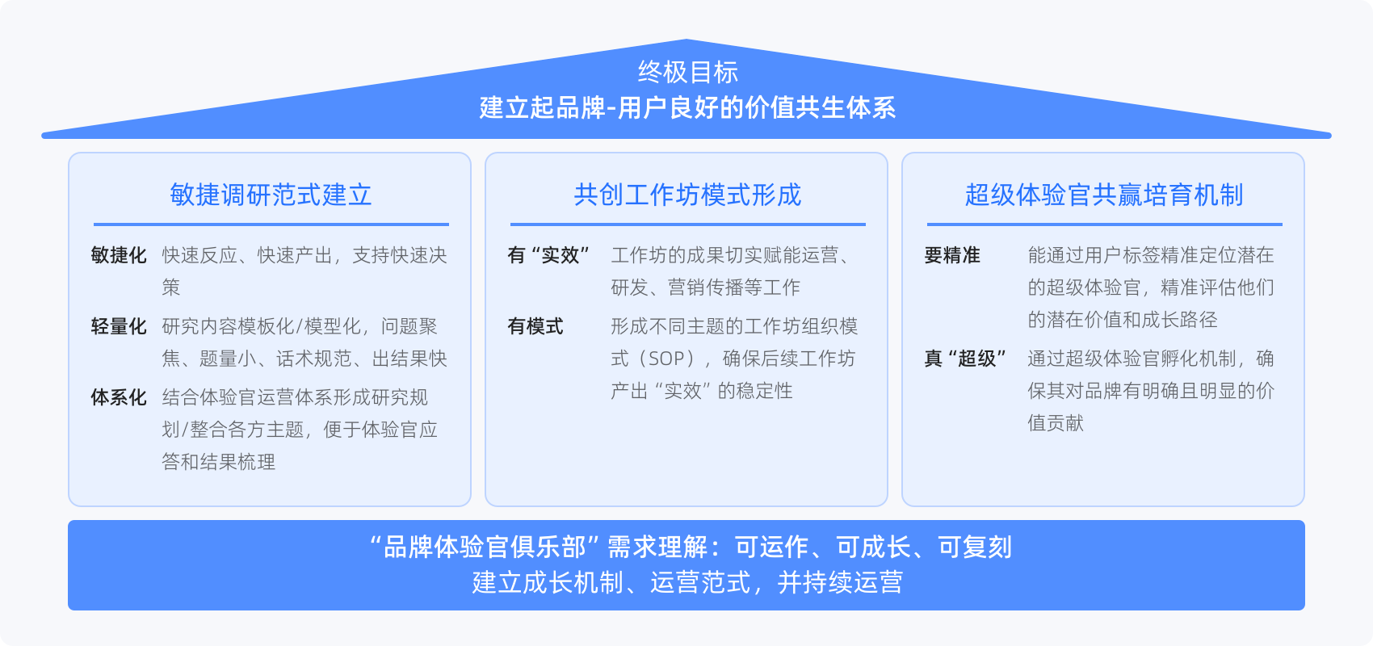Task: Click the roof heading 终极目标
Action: click(688, 72)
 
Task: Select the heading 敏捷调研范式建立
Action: click(271, 195)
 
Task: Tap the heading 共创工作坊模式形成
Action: click(687, 195)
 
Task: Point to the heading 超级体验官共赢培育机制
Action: click(1104, 195)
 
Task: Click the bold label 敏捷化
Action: click(118, 255)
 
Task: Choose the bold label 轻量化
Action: click(118, 326)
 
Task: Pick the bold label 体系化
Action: click(118, 397)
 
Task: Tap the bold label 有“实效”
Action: click(548, 255)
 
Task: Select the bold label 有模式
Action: click(535, 326)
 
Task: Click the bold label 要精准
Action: click(952, 255)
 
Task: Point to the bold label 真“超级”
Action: click(965, 358)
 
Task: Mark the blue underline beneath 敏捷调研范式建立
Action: click(271, 224)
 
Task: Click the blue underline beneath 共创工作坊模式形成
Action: click(688, 224)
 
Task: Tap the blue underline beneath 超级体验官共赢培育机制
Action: click(1105, 224)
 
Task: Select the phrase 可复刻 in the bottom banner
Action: click(975, 547)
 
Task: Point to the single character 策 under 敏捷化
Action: click(171, 287)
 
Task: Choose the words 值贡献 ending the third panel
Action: click(1056, 423)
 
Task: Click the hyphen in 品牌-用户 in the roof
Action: click(611, 109)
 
